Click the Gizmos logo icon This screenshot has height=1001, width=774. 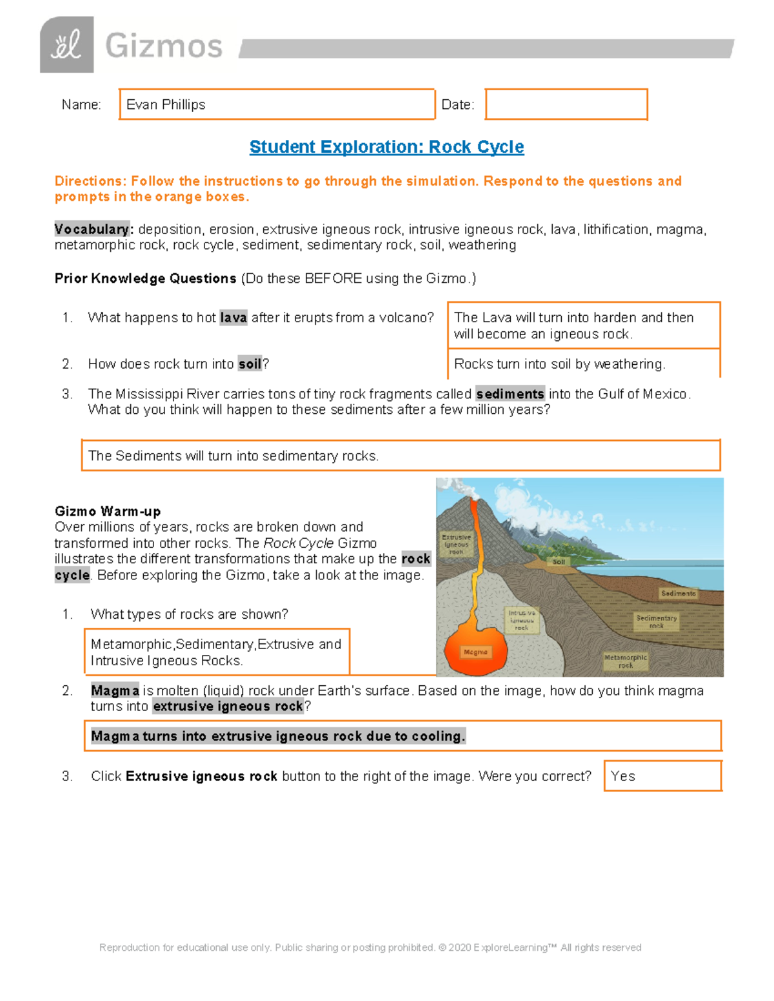(66, 45)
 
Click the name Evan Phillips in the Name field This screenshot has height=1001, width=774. (166, 104)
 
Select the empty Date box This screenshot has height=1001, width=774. (566, 104)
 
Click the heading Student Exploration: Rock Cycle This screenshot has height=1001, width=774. (386, 147)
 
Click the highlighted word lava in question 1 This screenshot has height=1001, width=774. (233, 318)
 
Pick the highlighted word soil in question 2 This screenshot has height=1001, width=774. (250, 364)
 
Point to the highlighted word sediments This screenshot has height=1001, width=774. (510, 394)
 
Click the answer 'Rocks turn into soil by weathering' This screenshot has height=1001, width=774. (559, 364)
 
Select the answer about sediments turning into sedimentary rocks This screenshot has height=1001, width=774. (233, 456)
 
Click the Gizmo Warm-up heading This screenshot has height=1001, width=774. (108, 511)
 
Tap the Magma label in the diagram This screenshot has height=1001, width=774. (475, 652)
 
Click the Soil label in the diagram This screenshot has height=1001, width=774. (559, 561)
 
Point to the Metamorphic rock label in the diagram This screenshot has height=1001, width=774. (625, 661)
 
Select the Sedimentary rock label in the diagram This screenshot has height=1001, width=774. (656, 621)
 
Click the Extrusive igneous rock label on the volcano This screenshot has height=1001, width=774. (456, 544)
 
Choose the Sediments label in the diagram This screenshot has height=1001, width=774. (678, 593)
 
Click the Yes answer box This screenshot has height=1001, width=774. (662, 776)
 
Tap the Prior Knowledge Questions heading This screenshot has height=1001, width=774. (145, 278)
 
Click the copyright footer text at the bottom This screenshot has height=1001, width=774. (370, 948)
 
